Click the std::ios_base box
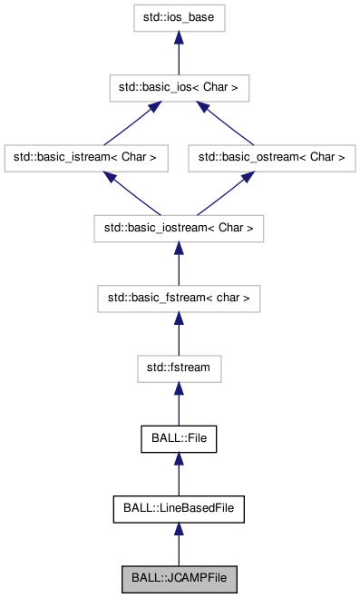178,18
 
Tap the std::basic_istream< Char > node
85,157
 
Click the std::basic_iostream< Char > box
178,227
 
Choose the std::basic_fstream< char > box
178,297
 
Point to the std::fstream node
178,367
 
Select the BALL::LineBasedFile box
178,507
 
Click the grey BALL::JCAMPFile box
178,577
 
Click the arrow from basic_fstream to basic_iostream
178,262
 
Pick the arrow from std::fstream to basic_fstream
178,332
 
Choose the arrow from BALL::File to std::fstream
178,402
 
